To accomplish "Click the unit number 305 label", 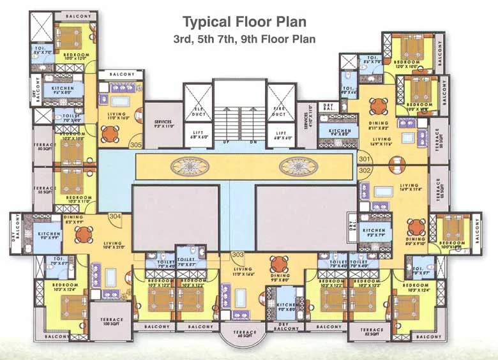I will pyautogui.click(x=135, y=146).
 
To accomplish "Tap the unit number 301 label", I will pyautogui.click(x=365, y=159).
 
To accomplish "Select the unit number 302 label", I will pyautogui.click(x=365, y=170).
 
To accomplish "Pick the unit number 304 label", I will pyautogui.click(x=115, y=216).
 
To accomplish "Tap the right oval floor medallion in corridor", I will pyautogui.click(x=299, y=167).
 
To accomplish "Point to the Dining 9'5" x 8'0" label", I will pyautogui.click(x=280, y=277).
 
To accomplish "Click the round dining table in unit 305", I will pyautogui.click(x=110, y=133).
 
